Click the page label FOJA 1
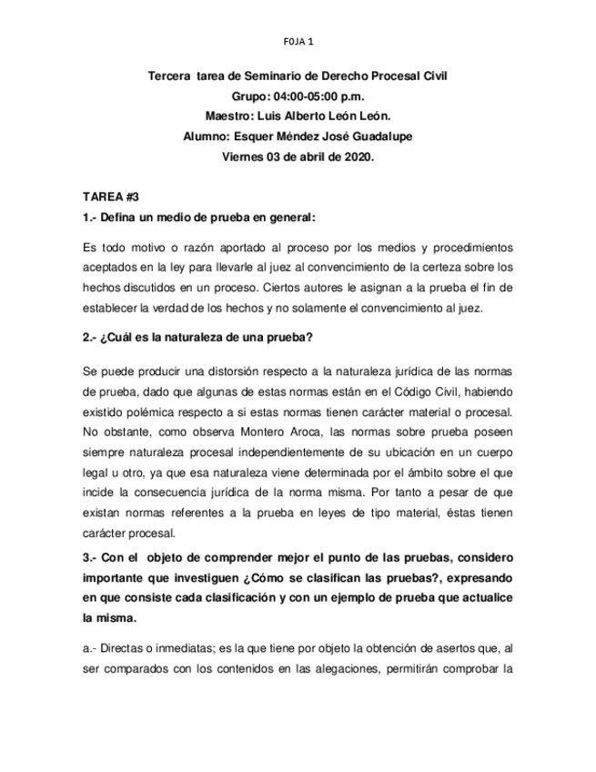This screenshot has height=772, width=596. coord(298,41)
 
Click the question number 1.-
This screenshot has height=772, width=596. coord(89,217)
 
